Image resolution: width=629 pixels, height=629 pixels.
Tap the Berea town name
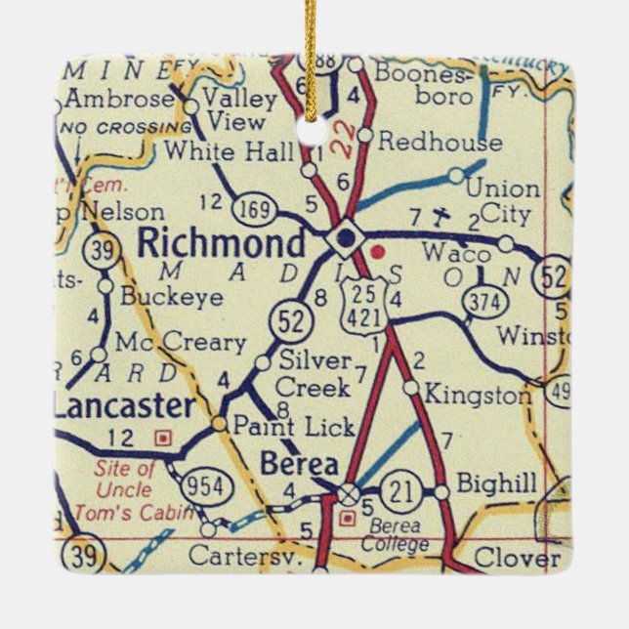[299, 464]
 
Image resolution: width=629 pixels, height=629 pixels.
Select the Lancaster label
[122, 405]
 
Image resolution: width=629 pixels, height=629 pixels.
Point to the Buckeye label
[172, 297]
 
